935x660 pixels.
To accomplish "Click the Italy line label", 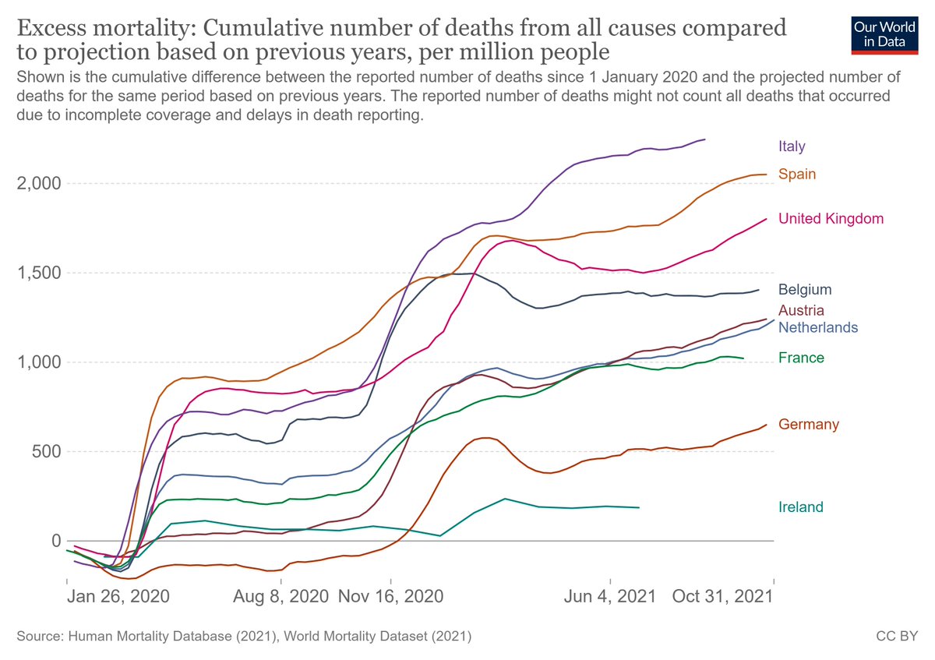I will point(792,146).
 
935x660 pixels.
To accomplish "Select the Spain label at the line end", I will point(797,174).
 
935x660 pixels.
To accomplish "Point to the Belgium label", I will point(805,290).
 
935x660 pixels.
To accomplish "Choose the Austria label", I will point(801,310).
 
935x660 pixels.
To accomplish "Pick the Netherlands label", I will point(818,327).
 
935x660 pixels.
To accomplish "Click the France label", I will point(801,358).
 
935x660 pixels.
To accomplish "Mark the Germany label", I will point(809,424).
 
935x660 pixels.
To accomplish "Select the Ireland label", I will point(801,507).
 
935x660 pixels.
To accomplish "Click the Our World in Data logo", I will point(880,34).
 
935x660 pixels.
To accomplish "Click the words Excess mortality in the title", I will point(105,30).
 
